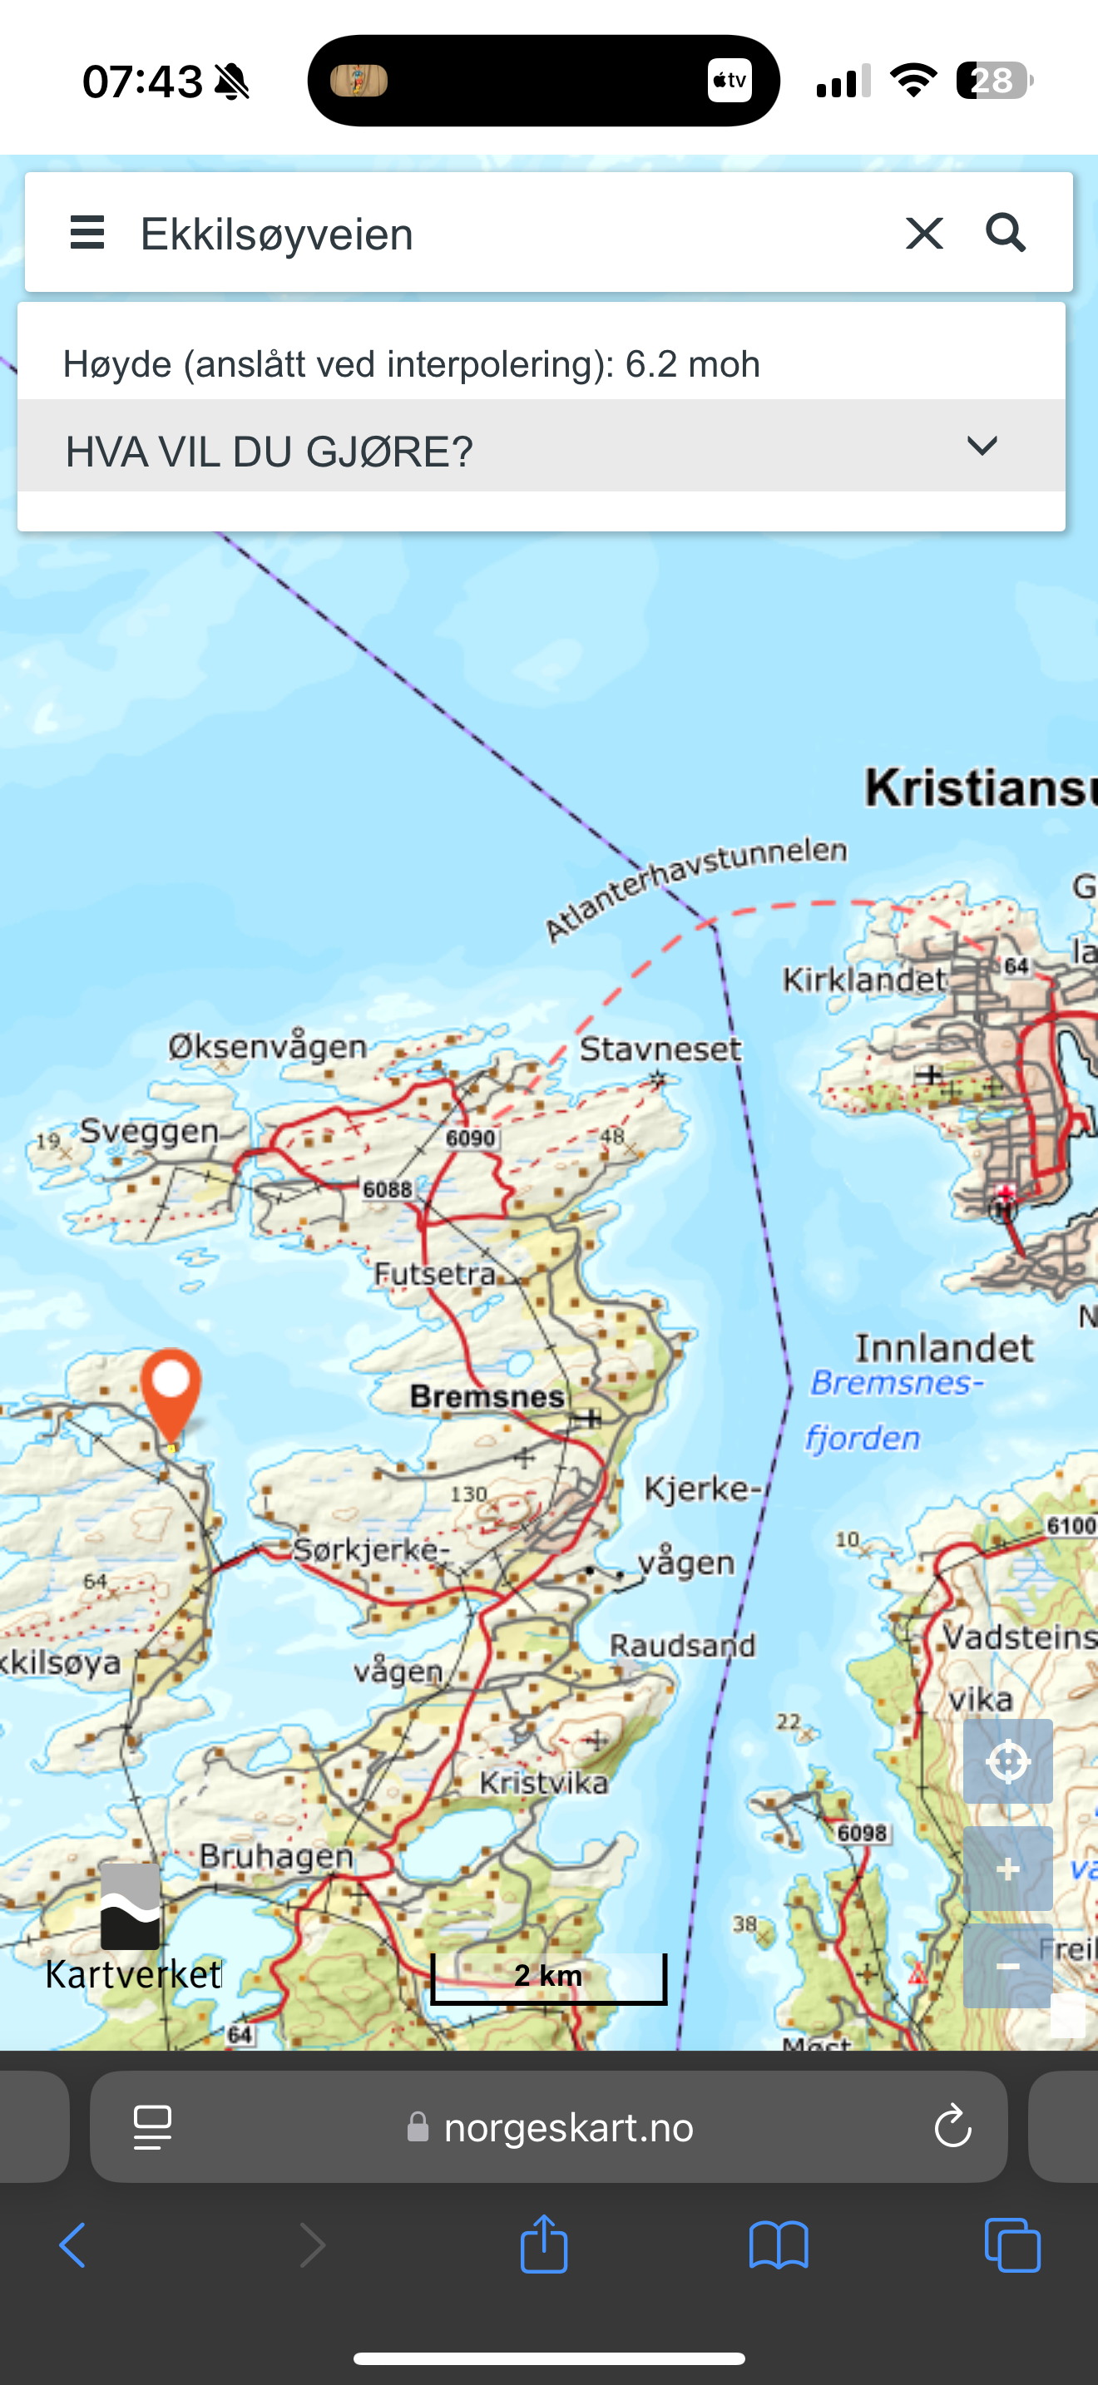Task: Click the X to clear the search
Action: pyautogui.click(x=924, y=234)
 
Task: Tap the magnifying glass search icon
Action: pyautogui.click(x=1006, y=234)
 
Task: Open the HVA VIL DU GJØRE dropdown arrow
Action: pyautogui.click(x=982, y=447)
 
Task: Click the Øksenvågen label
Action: pyautogui.click(x=268, y=1046)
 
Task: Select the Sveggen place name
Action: pyautogui.click(x=149, y=1130)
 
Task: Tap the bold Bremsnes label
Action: pyautogui.click(x=487, y=1396)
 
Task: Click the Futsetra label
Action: pyautogui.click(x=435, y=1274)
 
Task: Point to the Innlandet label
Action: pyautogui.click(x=943, y=1348)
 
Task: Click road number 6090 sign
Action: pyautogui.click(x=470, y=1138)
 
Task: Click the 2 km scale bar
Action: pyautogui.click(x=548, y=1976)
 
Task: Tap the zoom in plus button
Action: pyautogui.click(x=1007, y=1869)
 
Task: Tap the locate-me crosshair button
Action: pyautogui.click(x=1007, y=1761)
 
